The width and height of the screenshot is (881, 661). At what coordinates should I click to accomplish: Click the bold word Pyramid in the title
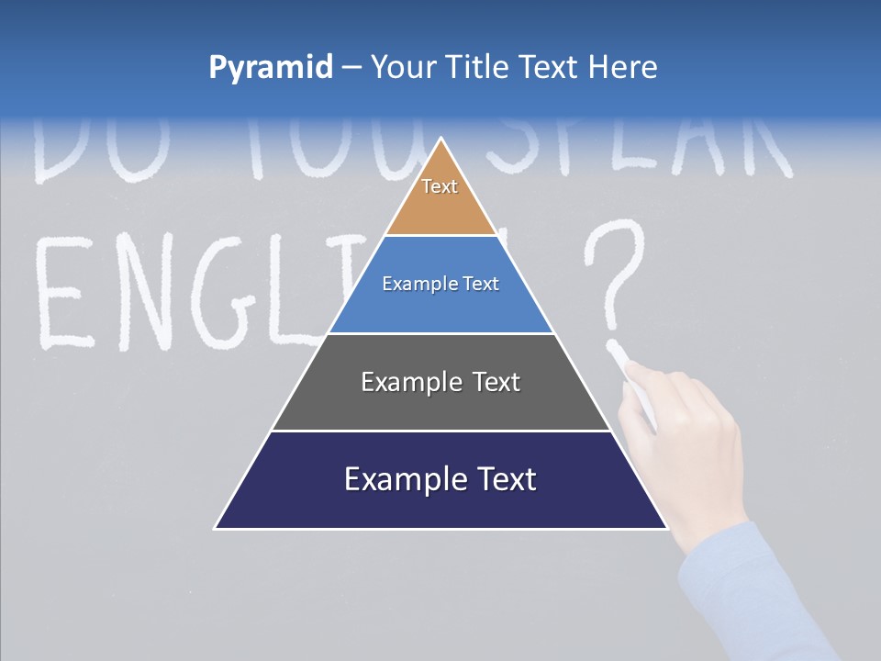pos(271,68)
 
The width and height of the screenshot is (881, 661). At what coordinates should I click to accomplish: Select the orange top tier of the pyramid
pos(440,207)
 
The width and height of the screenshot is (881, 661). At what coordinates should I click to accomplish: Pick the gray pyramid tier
pos(440,404)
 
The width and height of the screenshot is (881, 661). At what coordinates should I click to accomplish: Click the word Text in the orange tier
pos(440,186)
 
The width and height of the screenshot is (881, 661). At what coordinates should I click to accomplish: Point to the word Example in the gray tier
pos(410,382)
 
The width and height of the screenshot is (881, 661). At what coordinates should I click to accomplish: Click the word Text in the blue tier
pos(482,284)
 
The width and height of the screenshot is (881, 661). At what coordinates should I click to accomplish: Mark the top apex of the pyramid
pos(441,140)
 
